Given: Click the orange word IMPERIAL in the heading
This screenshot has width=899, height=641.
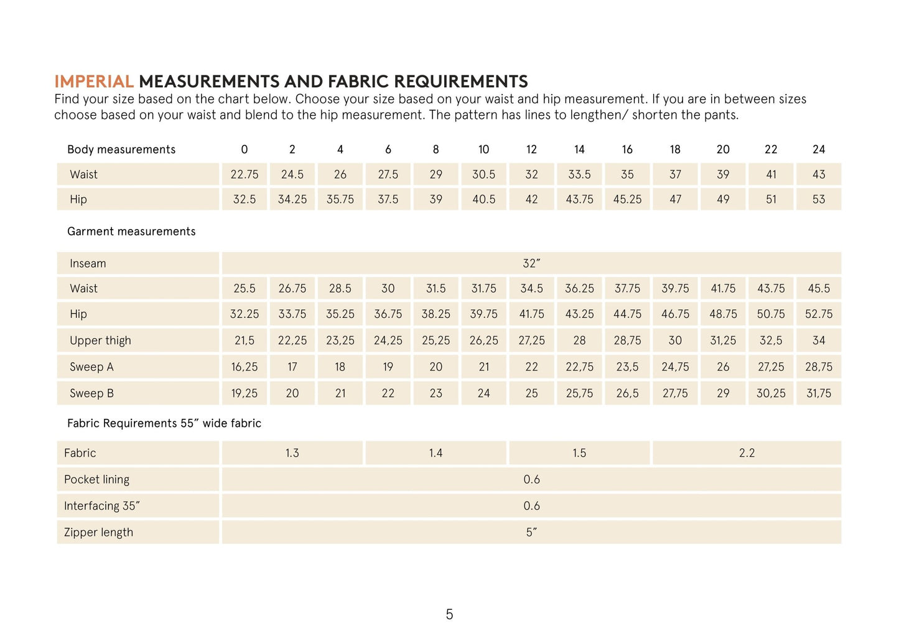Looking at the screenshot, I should click(94, 82).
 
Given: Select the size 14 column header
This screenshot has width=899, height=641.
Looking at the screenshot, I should click(579, 149).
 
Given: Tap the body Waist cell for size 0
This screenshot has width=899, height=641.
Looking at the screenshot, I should click(245, 174).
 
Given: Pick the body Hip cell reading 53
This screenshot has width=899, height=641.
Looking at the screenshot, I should click(819, 199).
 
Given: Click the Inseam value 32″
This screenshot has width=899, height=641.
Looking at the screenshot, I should click(531, 263).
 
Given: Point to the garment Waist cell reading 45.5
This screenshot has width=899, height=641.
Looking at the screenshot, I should click(819, 288).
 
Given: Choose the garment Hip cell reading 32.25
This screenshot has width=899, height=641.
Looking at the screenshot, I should click(245, 314).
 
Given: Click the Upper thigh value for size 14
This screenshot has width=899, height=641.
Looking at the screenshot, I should click(579, 340).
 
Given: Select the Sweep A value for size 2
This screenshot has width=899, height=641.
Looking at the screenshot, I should click(292, 367).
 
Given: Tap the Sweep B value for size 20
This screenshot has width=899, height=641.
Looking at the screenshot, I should click(723, 393).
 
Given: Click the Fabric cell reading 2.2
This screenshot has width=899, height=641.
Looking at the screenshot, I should click(747, 453).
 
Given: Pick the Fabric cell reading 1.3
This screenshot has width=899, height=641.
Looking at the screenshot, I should click(292, 453).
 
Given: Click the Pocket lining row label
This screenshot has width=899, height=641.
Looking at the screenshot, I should click(97, 479).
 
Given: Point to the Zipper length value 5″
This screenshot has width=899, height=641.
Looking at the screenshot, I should click(531, 532).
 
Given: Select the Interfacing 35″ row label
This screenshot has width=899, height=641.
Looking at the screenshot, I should click(101, 506).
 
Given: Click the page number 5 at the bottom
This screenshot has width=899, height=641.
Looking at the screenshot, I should click(449, 615).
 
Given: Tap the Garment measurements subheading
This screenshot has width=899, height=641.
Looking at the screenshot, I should click(131, 232).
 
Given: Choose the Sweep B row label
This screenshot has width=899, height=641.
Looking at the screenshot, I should click(92, 393).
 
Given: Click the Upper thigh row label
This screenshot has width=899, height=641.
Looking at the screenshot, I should click(100, 340).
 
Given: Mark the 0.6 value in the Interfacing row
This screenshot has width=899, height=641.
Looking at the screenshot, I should click(531, 506).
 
